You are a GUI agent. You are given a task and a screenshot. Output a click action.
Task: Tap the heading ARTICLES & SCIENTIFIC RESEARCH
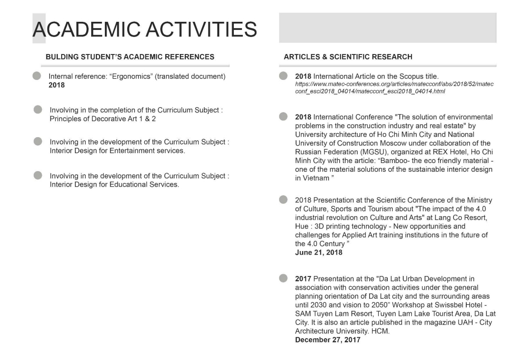348,57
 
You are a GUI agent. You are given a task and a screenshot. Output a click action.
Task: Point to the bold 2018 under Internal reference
57,85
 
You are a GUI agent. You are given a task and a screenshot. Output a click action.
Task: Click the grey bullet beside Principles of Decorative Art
38,109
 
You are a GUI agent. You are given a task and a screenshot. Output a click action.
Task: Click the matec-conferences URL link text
394,88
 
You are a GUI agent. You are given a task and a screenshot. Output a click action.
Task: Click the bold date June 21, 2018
319,252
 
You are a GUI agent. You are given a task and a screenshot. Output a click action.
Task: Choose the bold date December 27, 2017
328,340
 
